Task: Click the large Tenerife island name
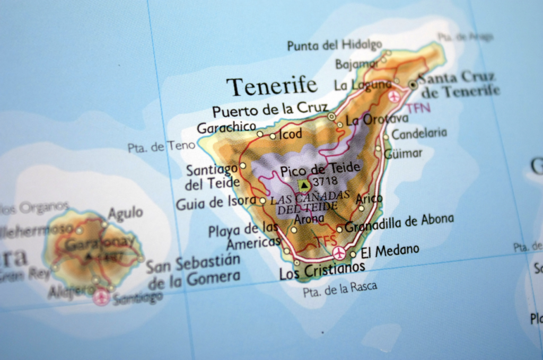pyautogui.click(x=272, y=85)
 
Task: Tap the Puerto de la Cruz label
pyautogui.click(x=270, y=109)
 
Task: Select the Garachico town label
pyautogui.click(x=226, y=127)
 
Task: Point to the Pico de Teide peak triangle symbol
pyautogui.click(x=303, y=185)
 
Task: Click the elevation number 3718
pyautogui.click(x=325, y=182)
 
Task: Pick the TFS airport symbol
pyautogui.click(x=339, y=253)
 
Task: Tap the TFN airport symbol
pyautogui.click(x=394, y=96)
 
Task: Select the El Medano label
pyautogui.click(x=390, y=250)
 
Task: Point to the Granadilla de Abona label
pyautogui.click(x=399, y=223)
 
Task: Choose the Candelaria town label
pyautogui.click(x=419, y=133)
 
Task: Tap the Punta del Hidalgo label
pyautogui.click(x=334, y=45)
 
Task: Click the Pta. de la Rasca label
pyautogui.click(x=340, y=288)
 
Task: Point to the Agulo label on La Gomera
pyautogui.click(x=125, y=213)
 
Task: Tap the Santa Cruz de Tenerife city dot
pyautogui.click(x=413, y=84)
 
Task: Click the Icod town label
pyautogui.click(x=291, y=134)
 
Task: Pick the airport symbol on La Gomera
pyautogui.click(x=100, y=297)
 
